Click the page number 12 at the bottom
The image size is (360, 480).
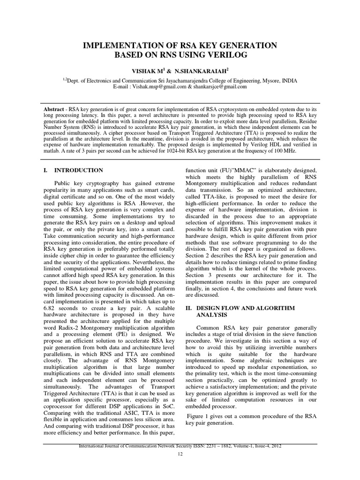pos(180,455)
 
